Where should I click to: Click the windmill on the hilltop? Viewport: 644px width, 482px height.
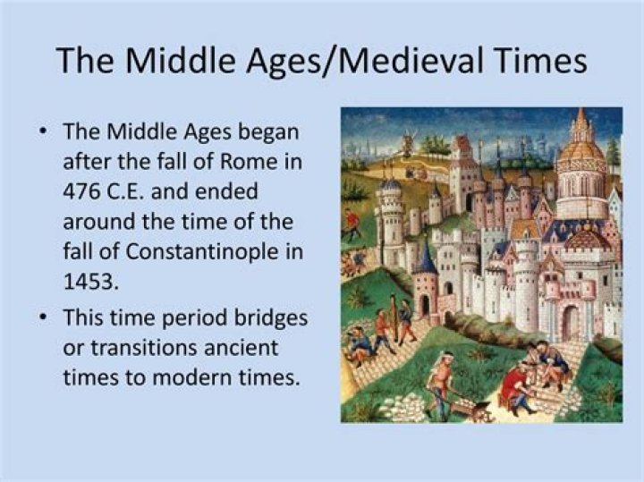click(411, 141)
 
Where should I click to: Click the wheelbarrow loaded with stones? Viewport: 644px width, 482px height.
click(471, 407)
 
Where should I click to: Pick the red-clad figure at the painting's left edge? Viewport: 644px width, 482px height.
click(350, 221)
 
